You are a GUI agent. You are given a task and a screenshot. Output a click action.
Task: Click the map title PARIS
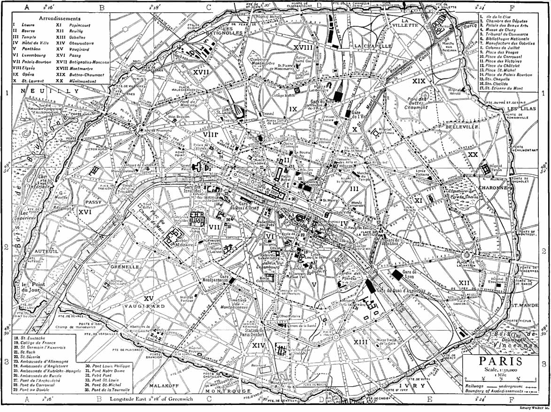500,361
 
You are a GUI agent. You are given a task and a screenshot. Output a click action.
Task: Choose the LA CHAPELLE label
373,47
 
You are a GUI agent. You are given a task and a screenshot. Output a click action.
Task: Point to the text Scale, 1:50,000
500,371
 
